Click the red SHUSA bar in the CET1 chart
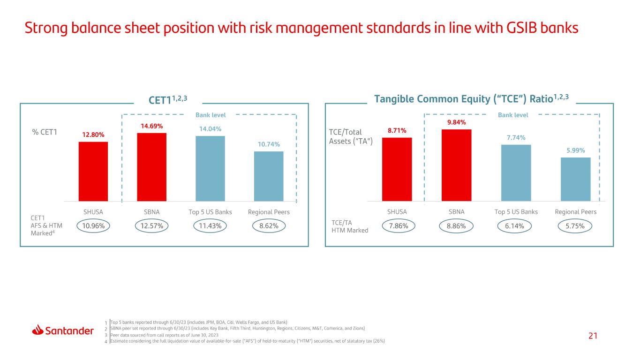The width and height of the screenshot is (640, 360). point(93,172)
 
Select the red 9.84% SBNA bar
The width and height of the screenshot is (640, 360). point(456,165)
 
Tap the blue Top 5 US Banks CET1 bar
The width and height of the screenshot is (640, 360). point(210,169)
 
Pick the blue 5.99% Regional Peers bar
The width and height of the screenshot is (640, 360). point(575,179)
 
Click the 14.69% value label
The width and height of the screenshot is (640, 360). point(152,126)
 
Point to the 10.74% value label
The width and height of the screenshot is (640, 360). point(269,144)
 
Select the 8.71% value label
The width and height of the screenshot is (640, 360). point(397,131)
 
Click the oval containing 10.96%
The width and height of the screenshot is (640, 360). point(93,226)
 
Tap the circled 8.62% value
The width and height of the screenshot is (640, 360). point(269,226)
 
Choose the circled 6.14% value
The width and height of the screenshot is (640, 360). point(514,226)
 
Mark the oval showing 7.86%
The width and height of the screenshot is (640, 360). point(398,226)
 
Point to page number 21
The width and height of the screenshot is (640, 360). point(593,336)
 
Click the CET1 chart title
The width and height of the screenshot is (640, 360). point(168,99)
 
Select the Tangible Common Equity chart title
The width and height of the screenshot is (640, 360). point(471,98)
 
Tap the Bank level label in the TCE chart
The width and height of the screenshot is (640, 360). point(513,115)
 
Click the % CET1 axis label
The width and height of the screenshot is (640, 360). point(45,132)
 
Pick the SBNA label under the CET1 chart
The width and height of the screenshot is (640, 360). point(152,212)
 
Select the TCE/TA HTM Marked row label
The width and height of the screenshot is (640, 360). point(350,226)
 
